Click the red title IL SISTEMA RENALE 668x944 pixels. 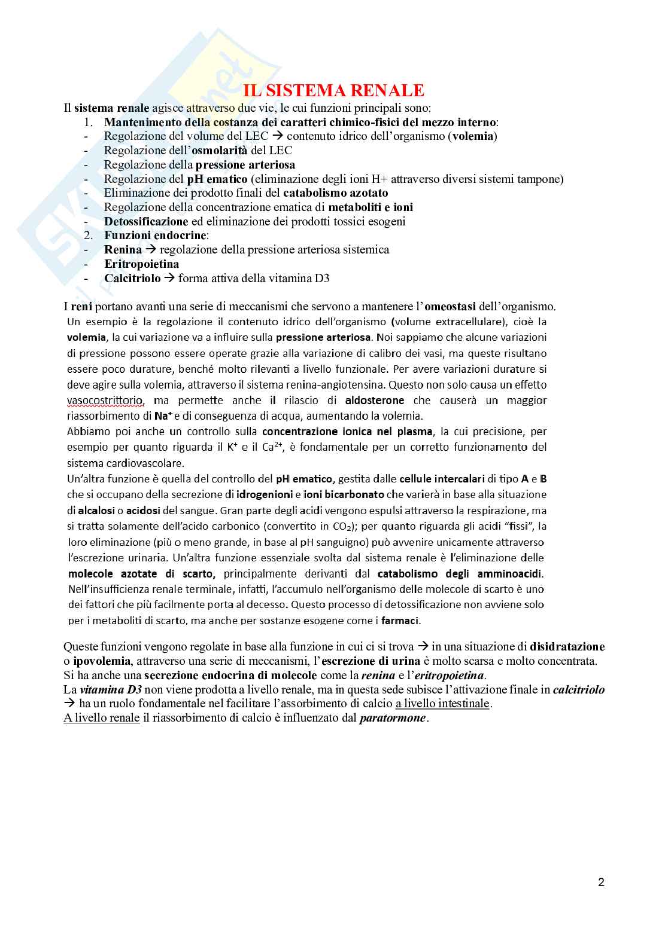point(333,91)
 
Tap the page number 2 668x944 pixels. point(601,882)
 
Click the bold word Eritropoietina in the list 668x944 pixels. point(141,264)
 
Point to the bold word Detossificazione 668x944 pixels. point(146,221)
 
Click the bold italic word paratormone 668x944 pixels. point(393,718)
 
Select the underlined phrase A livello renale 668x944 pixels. point(102,718)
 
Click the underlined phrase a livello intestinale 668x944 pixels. point(442,704)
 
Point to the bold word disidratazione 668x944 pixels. point(567,646)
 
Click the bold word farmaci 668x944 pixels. point(400,620)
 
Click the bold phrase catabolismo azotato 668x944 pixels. point(335,193)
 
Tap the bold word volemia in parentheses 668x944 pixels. point(473,136)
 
